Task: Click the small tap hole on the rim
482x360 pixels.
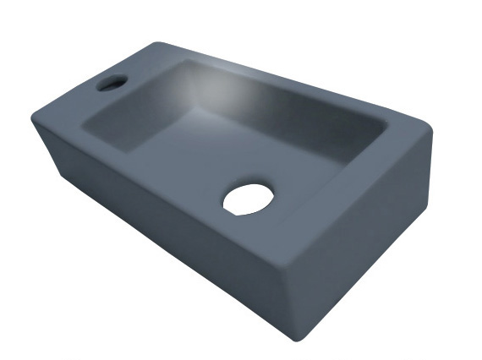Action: click(x=111, y=82)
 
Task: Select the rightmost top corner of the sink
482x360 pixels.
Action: click(x=430, y=138)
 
